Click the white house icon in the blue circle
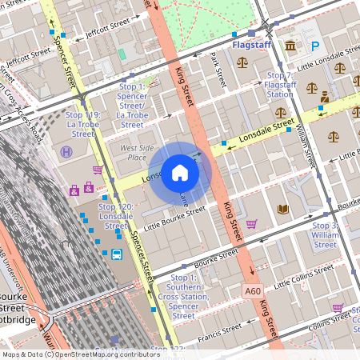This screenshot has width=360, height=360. (180, 173)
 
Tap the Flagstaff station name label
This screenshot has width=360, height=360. (250, 46)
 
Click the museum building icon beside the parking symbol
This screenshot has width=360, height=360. (289, 46)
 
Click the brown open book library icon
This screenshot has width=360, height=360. (282, 210)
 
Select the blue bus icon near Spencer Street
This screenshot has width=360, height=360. (117, 255)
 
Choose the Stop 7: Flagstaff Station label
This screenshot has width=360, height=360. (279, 84)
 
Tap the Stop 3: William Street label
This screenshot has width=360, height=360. (326, 235)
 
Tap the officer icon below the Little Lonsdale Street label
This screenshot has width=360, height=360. (324, 97)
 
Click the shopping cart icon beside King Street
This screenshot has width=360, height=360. (251, 224)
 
